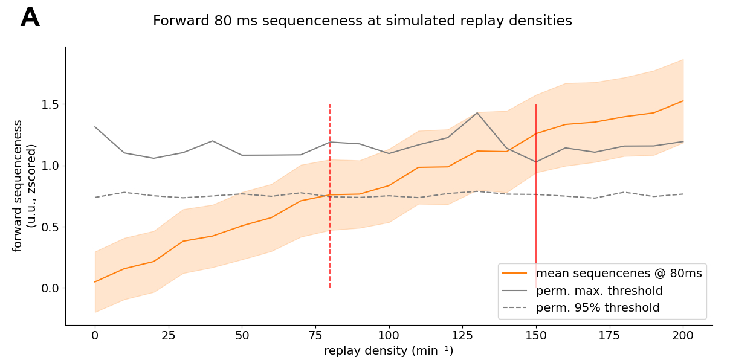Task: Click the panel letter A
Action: point(30,18)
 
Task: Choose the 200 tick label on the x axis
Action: point(683,336)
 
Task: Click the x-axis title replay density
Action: point(389,351)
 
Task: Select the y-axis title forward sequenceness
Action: point(18,185)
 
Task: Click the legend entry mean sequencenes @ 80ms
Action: point(619,274)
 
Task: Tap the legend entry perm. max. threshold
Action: point(599,291)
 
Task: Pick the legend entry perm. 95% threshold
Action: point(598,308)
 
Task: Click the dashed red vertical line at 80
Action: point(330,242)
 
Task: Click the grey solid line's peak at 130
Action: point(477,112)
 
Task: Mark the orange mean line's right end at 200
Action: point(683,101)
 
